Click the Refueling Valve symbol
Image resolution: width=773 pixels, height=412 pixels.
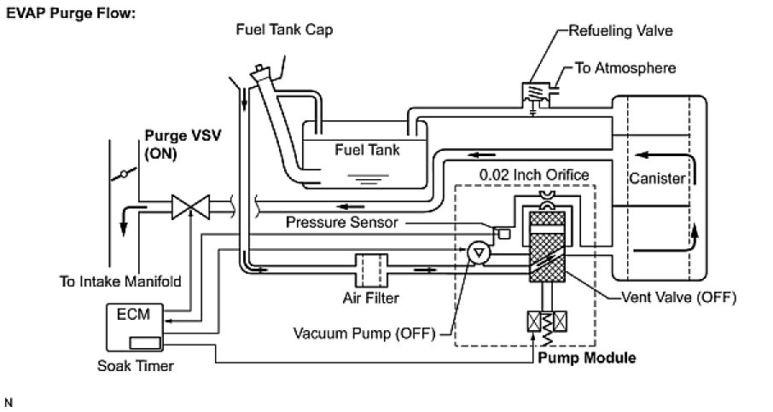tap(533, 92)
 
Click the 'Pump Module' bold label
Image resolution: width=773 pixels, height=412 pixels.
tap(586, 357)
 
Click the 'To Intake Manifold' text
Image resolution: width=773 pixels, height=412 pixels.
tap(120, 280)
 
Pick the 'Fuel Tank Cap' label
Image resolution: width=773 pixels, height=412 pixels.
tap(284, 30)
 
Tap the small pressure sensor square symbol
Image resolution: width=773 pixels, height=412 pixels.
tap(503, 233)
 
